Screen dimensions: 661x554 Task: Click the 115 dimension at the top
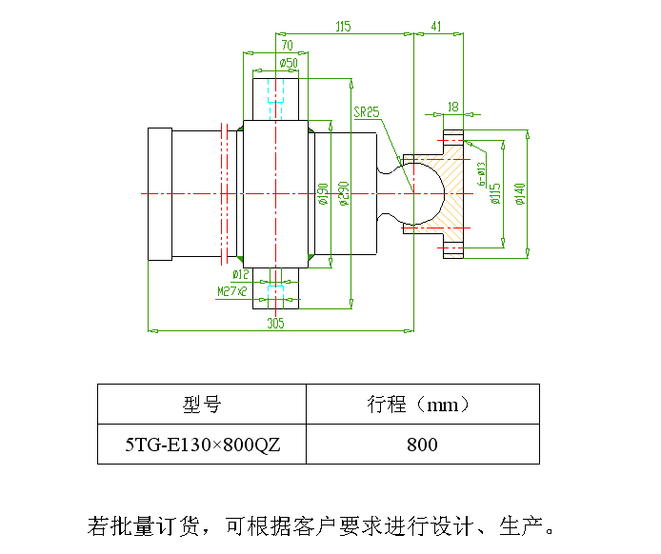pyautogui.click(x=343, y=27)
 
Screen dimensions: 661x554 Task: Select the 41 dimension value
pyautogui.click(x=436, y=27)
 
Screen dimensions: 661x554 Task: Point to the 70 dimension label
pyautogui.click(x=287, y=45)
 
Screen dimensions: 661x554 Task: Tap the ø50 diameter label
pyautogui.click(x=289, y=63)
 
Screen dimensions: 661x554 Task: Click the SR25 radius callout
pyautogui.click(x=367, y=112)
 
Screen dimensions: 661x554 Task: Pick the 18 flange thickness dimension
pyautogui.click(x=453, y=107)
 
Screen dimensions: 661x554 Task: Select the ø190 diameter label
pyautogui.click(x=323, y=194)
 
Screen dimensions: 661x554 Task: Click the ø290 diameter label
pyautogui.click(x=345, y=194)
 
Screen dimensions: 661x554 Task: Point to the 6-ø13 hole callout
pyautogui.click(x=481, y=174)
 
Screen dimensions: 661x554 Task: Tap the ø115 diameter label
pyautogui.click(x=496, y=194)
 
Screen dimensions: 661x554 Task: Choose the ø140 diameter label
pyautogui.click(x=520, y=194)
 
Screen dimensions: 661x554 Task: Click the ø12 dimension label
pyautogui.click(x=241, y=275)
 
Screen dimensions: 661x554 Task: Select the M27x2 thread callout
pyautogui.click(x=231, y=291)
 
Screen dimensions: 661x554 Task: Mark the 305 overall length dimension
pyautogui.click(x=275, y=323)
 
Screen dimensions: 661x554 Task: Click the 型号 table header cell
pyautogui.click(x=202, y=404)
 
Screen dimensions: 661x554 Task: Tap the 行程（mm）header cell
pyautogui.click(x=423, y=404)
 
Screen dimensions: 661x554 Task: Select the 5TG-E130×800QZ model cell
pyautogui.click(x=202, y=444)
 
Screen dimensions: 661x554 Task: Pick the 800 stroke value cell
pyautogui.click(x=423, y=444)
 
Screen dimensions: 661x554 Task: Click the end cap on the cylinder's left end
pyautogui.click(x=160, y=194)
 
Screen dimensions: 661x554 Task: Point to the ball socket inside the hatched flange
pyautogui.click(x=444, y=194)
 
